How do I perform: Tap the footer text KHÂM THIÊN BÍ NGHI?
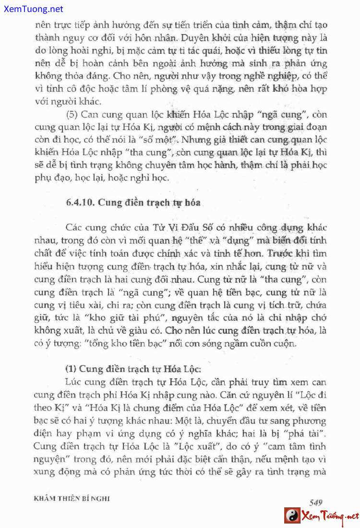click(72, 499)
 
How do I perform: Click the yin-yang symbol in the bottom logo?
click(292, 516)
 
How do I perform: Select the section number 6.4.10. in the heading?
click(81, 202)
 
